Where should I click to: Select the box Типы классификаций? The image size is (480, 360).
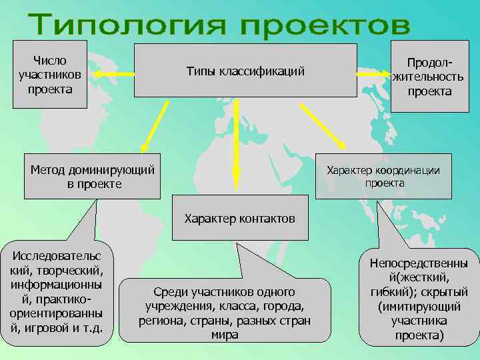pos(245,71)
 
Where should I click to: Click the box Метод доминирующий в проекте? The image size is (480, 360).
pos(93,177)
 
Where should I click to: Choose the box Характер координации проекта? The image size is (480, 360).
pos(383,176)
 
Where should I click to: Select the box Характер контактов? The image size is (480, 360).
pos(240,219)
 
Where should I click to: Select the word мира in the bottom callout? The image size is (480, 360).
pos(225,335)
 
